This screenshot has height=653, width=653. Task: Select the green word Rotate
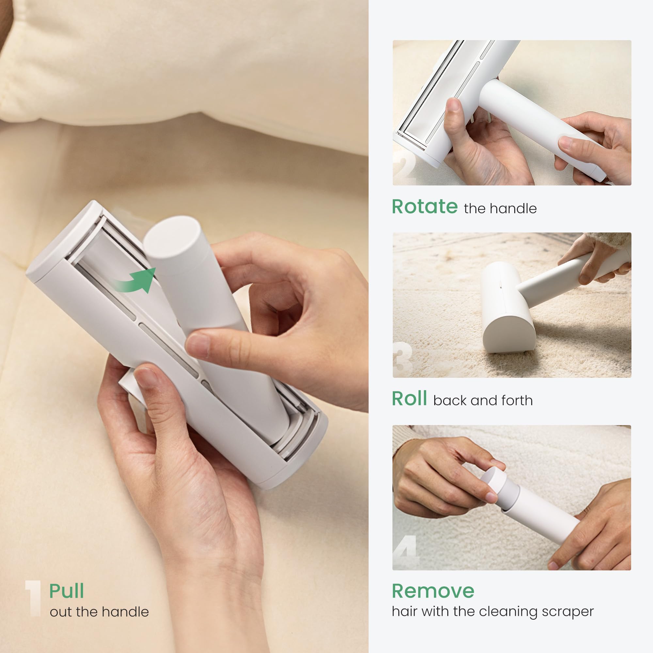(x=424, y=207)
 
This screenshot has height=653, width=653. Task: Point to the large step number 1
(x=33, y=598)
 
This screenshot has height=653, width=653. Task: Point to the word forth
(x=517, y=401)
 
